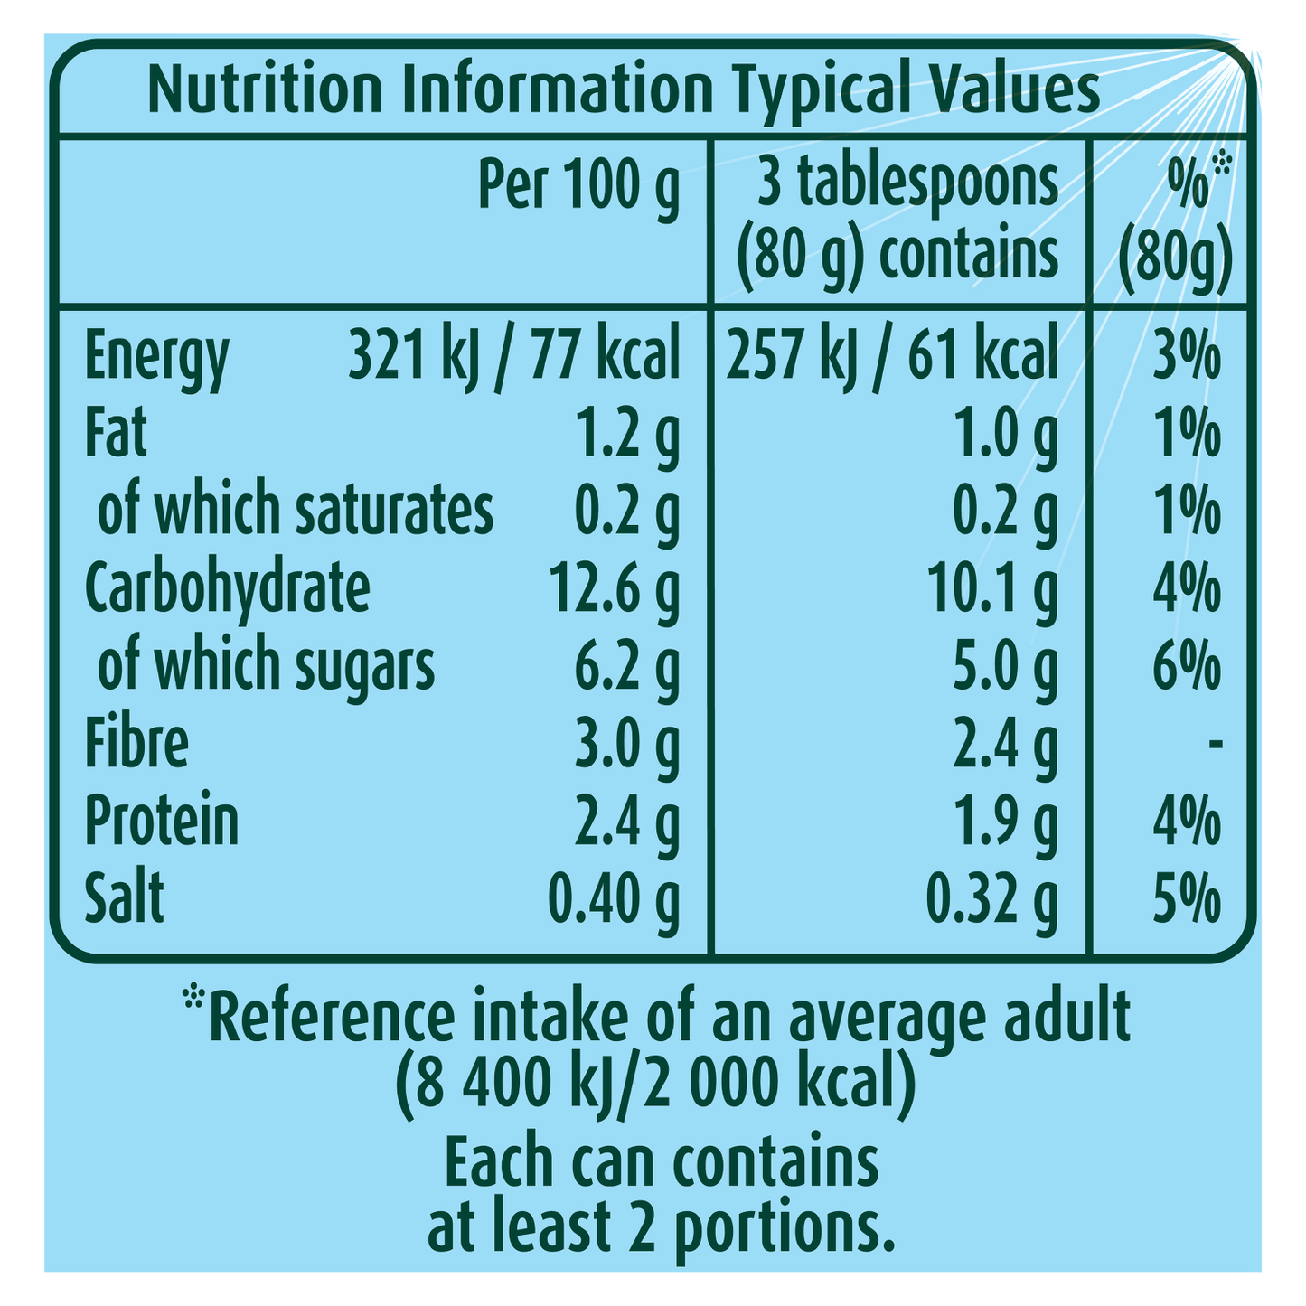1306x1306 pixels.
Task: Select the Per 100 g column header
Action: click(x=578, y=190)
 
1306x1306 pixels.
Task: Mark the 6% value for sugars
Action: click(x=1187, y=666)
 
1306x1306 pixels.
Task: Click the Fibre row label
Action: click(x=136, y=743)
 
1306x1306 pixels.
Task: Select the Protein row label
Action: click(x=162, y=821)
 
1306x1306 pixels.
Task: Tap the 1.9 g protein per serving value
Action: click(x=1005, y=821)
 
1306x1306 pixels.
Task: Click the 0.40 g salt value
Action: click(x=615, y=898)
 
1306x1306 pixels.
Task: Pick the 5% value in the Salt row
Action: click(x=1187, y=898)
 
